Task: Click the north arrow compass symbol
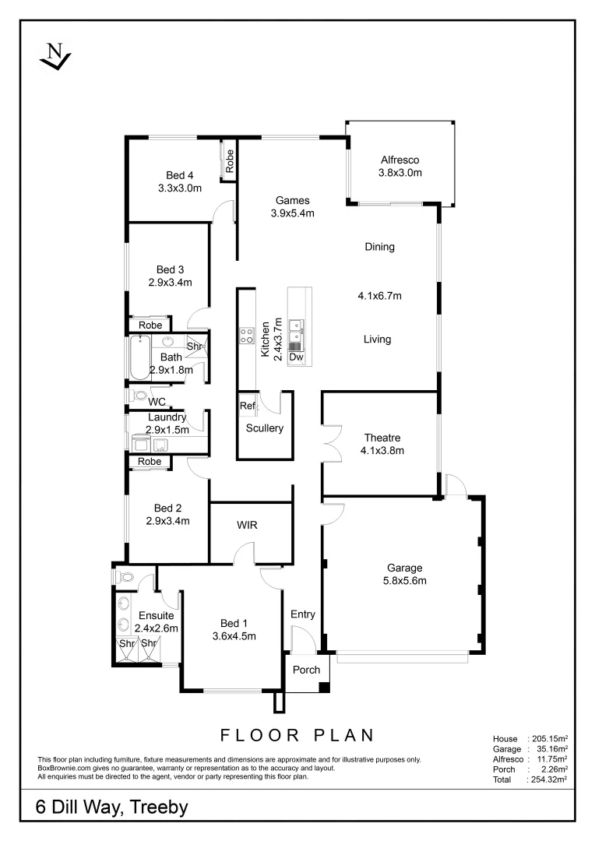(55, 57)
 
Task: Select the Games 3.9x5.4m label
(292, 207)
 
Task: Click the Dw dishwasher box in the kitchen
(296, 357)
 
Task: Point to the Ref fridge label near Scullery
(247, 406)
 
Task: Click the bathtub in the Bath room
(143, 356)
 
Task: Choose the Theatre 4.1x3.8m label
(382, 444)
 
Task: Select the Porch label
(306, 670)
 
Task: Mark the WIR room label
(248, 526)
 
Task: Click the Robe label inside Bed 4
(230, 161)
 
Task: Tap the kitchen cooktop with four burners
(246, 336)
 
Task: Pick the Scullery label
(264, 428)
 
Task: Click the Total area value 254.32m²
(547, 778)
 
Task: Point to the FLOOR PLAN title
(297, 735)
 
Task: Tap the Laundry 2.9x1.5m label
(167, 424)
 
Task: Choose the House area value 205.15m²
(547, 738)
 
